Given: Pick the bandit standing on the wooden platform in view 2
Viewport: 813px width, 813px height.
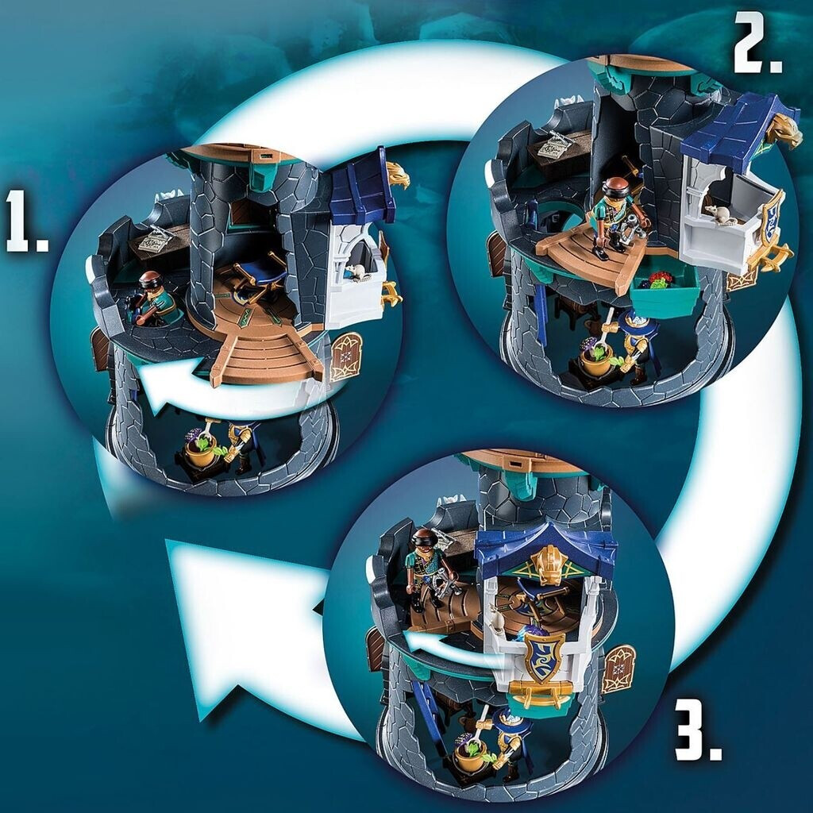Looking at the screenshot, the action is [x=618, y=217].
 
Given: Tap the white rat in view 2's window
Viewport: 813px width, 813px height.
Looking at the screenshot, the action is [x=720, y=214].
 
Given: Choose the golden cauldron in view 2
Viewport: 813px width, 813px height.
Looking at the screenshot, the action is [x=595, y=359].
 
